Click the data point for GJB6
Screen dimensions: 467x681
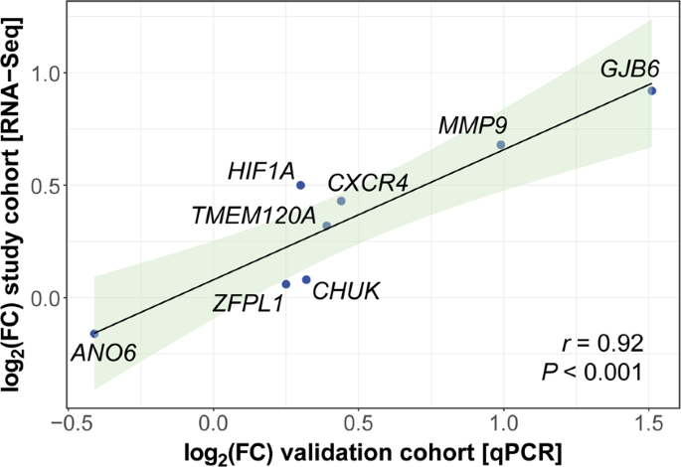(651, 90)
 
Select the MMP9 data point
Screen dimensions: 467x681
(500, 145)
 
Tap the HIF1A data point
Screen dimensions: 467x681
(300, 185)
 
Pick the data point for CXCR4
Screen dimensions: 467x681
(341, 201)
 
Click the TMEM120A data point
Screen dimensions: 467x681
(326, 226)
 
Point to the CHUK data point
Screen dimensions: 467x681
(306, 279)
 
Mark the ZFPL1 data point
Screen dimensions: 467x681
(285, 284)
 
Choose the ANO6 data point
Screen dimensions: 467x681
(93, 334)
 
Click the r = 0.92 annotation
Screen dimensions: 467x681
(602, 344)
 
